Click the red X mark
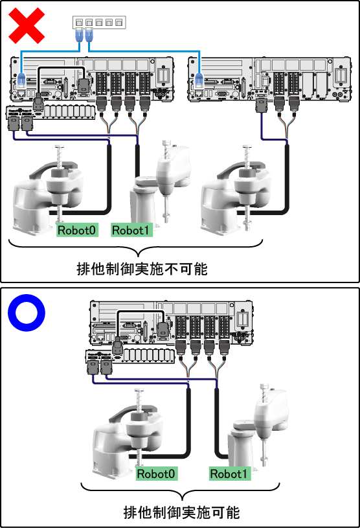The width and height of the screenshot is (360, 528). click(x=27, y=26)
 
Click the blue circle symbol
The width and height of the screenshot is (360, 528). click(x=27, y=312)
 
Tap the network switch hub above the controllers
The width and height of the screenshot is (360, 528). click(x=99, y=22)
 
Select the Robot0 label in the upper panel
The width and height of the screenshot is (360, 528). click(x=77, y=230)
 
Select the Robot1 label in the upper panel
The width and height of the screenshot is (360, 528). click(x=131, y=230)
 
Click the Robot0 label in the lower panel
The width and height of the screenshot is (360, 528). click(x=156, y=474)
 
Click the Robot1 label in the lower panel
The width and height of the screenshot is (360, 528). click(x=229, y=474)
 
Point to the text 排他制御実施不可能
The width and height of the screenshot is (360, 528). click(x=142, y=269)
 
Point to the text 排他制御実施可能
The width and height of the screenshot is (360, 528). click(x=181, y=512)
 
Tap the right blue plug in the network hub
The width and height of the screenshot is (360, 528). click(x=89, y=35)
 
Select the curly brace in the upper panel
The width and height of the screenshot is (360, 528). click(x=135, y=247)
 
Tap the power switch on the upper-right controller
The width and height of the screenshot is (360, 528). click(x=341, y=75)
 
